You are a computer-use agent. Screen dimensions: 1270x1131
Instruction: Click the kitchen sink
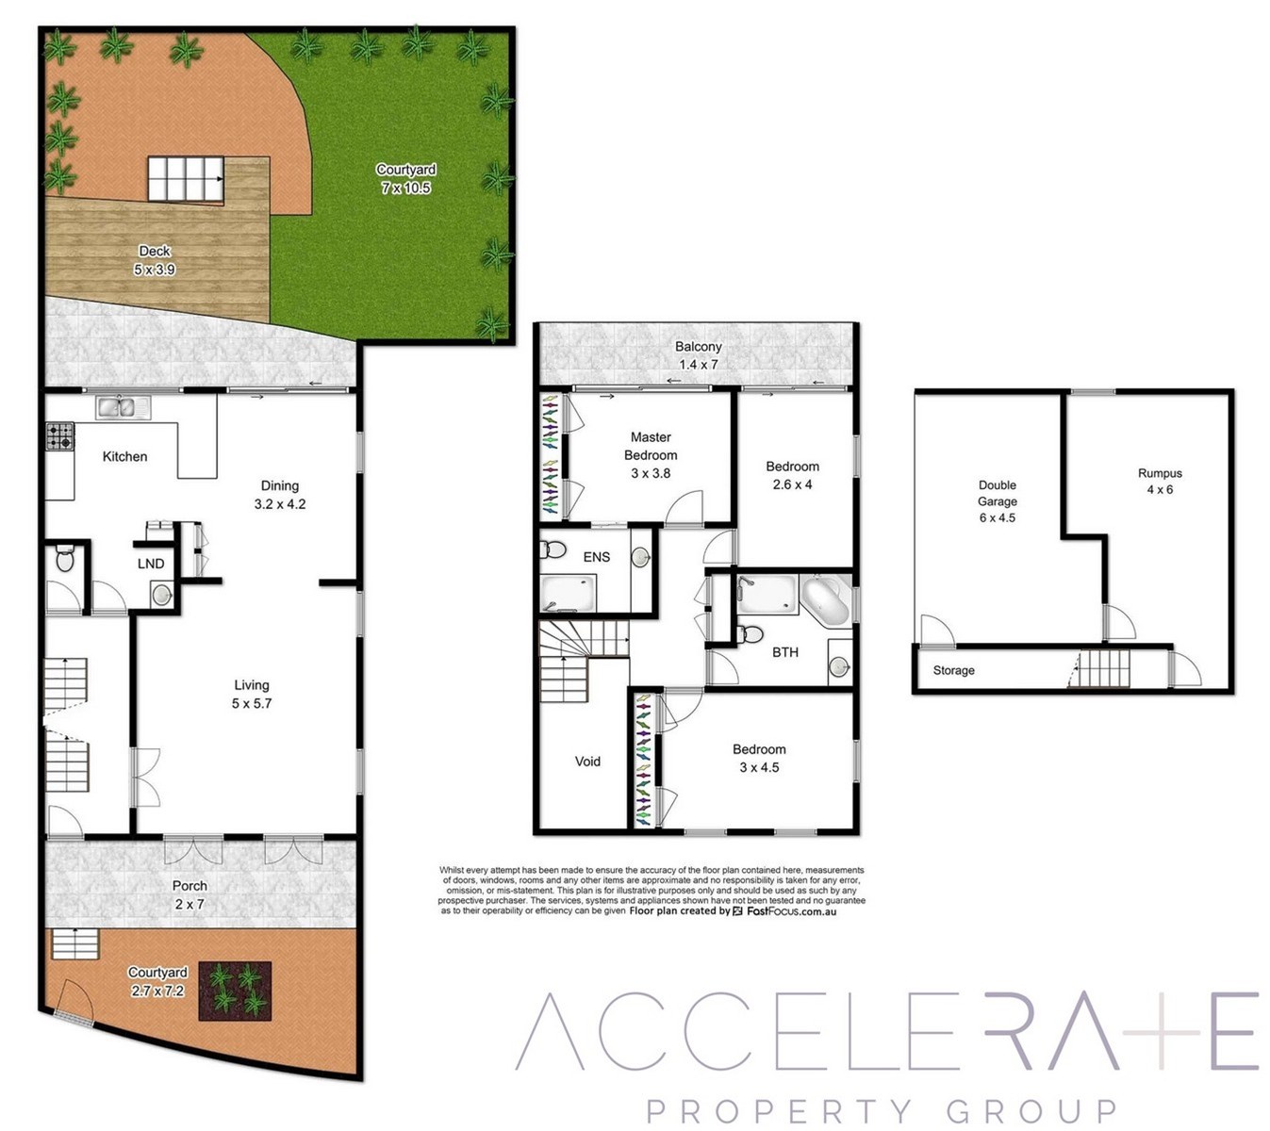123,407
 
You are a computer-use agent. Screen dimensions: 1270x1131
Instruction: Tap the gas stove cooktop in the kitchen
60,436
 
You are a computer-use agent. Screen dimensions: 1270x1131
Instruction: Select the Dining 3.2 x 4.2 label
280,495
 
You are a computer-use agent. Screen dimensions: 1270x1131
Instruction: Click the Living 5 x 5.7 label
252,694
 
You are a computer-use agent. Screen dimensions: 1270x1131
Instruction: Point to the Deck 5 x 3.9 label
155,260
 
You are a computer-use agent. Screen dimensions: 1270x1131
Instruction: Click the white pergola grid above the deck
186,179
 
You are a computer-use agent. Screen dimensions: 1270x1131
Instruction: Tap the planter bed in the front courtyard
235,991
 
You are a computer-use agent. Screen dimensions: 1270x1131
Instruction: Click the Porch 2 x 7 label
190,894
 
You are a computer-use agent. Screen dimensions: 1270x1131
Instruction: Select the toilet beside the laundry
64,557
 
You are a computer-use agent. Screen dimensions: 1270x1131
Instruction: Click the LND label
151,564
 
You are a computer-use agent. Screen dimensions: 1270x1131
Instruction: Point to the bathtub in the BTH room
826,599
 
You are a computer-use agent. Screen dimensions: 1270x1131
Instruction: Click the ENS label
596,556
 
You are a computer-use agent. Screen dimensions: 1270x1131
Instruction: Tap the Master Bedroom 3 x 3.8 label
651,455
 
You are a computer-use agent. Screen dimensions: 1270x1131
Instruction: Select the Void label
587,762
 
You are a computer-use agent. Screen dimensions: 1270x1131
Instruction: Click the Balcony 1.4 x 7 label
699,354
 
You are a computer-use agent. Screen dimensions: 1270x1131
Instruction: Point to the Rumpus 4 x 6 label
1160,482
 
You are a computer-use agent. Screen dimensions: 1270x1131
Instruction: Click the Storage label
953,670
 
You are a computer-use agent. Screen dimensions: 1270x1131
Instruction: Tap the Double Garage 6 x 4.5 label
997,501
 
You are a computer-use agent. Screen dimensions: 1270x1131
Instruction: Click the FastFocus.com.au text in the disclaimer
791,911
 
